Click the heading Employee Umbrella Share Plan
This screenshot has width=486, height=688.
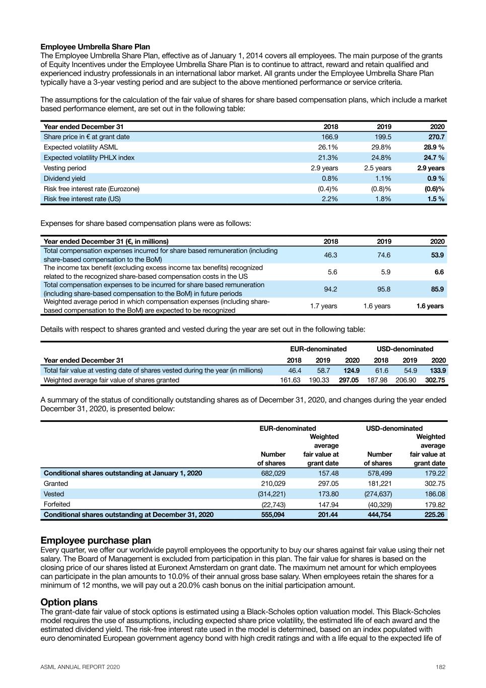(x=95, y=47)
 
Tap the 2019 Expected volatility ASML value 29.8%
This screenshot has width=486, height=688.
(x=381, y=147)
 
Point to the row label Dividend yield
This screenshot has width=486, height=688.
(x=64, y=178)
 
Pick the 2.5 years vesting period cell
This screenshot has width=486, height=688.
(x=377, y=168)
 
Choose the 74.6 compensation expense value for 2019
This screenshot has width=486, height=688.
(x=384, y=255)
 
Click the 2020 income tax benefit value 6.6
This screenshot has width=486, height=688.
(x=439, y=272)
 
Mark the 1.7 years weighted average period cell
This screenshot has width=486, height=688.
(x=323, y=306)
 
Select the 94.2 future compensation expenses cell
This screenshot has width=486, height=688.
(x=330, y=289)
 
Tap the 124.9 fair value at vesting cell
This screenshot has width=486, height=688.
(x=351, y=370)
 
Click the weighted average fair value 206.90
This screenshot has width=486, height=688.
(x=406, y=380)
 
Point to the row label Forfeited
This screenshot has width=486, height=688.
(x=57, y=504)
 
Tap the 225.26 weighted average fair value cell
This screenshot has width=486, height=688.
(x=435, y=515)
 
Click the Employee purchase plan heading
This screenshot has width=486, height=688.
(x=96, y=540)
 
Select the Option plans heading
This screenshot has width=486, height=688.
(x=69, y=602)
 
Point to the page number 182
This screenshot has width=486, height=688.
(x=441, y=667)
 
